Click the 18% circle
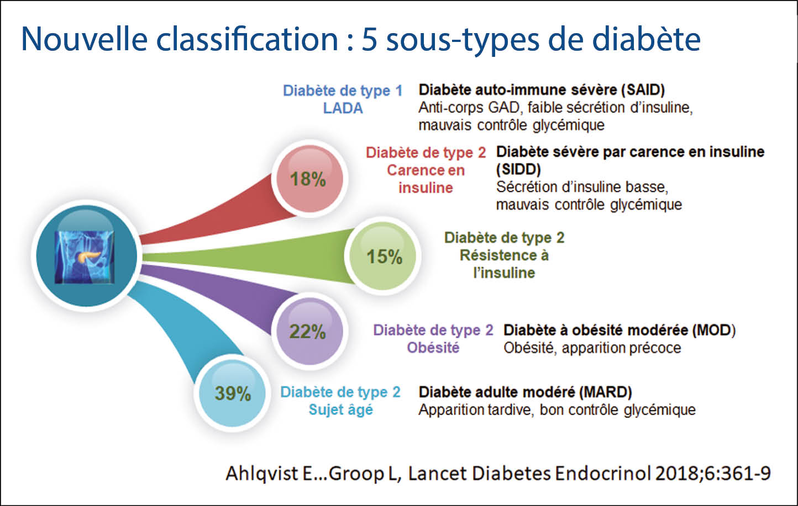pos(308,179)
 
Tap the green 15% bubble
pos(384,256)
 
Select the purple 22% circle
pos(308,331)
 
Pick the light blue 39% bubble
pos(233,393)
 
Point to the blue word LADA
pos(343,108)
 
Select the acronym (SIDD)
pos(518,169)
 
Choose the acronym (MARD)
pos(606,392)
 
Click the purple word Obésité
pos(433,348)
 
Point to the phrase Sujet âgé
pos(340,410)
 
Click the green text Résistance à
pos(504,255)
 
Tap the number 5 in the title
pos(369,40)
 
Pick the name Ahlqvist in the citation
pos(260,473)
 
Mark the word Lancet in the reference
pos(434,473)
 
